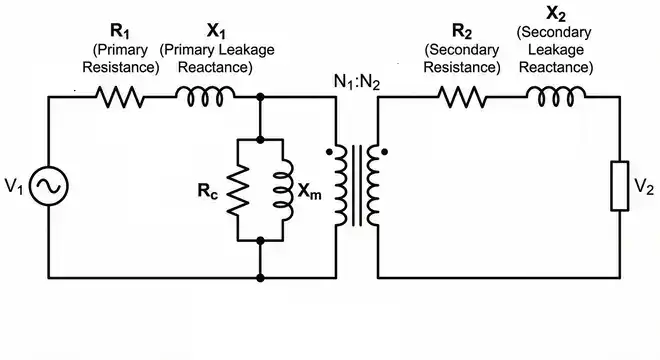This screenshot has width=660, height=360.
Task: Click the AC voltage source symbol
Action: point(48,187)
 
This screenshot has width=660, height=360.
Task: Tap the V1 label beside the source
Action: point(14,187)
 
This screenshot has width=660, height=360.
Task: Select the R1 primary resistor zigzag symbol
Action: point(120,98)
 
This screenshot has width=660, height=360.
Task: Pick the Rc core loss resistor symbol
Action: point(238,188)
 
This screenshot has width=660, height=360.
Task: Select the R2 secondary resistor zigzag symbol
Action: point(461,98)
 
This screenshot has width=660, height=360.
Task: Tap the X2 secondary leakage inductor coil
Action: point(553,96)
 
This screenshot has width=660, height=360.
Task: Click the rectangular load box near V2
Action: point(620,187)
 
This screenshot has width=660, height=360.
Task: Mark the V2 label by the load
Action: point(644,187)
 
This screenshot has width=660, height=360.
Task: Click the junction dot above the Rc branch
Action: point(260,98)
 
